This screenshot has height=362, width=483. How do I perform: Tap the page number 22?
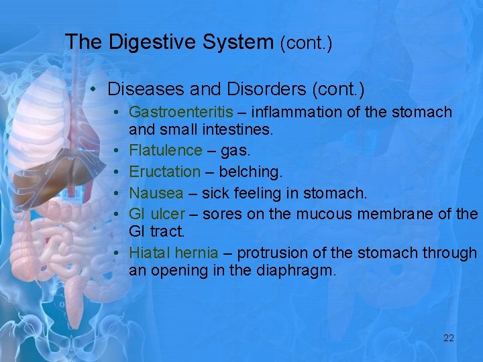coord(449,338)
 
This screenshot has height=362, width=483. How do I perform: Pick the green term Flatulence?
coord(165,150)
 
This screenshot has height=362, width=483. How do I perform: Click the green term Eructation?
coord(164,172)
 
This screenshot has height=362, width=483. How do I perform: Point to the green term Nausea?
coord(156,193)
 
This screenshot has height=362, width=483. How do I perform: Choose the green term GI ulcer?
coord(156,214)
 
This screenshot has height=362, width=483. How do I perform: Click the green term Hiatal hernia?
coord(173,253)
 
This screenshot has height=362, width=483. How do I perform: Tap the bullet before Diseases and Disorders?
coord(96,89)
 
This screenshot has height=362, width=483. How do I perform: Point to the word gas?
coord(235,150)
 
